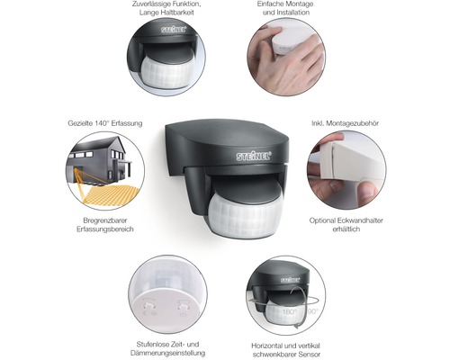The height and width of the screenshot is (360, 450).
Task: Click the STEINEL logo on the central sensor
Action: click(254, 156)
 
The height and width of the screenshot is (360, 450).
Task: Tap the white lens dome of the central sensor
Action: click(246, 218)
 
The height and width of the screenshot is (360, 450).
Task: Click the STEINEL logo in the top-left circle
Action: click(174, 30)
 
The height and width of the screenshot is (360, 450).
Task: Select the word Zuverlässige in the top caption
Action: click(151, 4)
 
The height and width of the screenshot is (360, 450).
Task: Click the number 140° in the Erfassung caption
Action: click(101, 123)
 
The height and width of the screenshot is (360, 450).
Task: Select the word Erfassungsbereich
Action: click(105, 229)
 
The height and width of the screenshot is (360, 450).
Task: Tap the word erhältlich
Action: click(346, 229)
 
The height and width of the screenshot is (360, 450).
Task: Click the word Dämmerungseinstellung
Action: click(167, 353)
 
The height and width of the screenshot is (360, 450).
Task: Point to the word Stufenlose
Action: click(151, 345)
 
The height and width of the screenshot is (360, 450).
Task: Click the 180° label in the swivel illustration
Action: click(289, 312)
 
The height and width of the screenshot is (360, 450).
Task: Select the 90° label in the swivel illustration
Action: click(312, 311)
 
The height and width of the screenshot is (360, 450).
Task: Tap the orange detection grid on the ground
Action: click(111, 195)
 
